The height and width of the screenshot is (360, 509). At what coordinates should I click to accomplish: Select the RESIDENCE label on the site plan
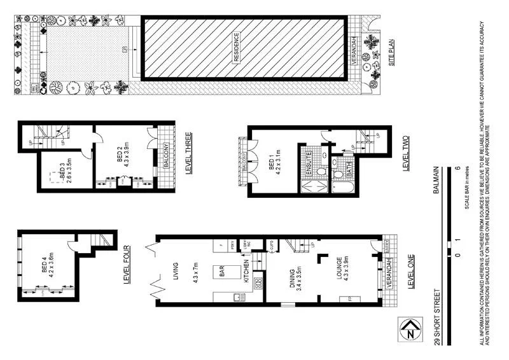point(235,48)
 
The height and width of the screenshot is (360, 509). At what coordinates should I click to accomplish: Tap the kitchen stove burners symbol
point(258,282)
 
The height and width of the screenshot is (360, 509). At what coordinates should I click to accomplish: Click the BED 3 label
point(61,172)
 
